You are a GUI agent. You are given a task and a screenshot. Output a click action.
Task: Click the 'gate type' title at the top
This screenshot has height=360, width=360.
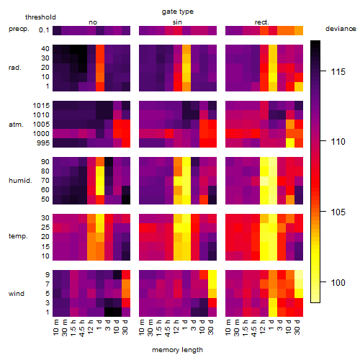click(x=178, y=12)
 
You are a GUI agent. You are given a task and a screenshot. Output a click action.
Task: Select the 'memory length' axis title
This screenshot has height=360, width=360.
click(x=177, y=350)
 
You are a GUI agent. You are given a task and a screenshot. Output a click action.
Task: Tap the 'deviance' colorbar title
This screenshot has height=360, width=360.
click(x=341, y=29)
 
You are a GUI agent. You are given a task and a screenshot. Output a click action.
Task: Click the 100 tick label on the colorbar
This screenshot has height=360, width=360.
click(x=338, y=282)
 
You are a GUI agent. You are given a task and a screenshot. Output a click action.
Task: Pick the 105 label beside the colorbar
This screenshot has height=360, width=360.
click(x=338, y=212)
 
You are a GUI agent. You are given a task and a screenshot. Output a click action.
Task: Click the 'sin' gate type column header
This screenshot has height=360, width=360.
click(x=177, y=22)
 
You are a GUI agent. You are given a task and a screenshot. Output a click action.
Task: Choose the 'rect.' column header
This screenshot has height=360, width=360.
click(x=262, y=22)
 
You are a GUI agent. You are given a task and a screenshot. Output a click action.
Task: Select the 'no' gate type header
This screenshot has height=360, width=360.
click(x=93, y=22)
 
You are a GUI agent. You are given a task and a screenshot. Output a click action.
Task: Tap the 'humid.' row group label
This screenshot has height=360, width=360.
click(x=20, y=181)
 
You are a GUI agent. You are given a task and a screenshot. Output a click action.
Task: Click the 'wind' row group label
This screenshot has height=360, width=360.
click(x=17, y=294)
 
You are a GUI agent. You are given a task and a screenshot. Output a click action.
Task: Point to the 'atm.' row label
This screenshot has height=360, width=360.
click(x=16, y=125)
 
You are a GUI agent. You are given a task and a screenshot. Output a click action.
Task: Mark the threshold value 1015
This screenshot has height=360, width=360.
click(x=41, y=105)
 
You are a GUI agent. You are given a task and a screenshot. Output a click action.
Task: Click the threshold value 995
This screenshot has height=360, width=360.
click(x=43, y=143)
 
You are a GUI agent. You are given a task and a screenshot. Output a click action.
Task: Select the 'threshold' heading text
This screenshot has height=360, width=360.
click(x=40, y=17)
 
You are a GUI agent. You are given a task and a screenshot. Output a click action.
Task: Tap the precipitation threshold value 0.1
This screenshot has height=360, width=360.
click(x=44, y=30)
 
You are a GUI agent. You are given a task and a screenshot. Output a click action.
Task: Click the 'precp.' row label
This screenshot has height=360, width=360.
click(x=19, y=29)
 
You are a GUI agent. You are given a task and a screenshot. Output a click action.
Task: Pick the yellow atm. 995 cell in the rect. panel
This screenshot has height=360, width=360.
click(x=290, y=143)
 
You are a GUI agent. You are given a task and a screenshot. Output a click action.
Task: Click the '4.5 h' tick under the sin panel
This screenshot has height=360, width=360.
click(x=168, y=328)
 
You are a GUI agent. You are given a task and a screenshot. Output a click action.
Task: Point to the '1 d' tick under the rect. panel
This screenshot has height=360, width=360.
click(x=271, y=325)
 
